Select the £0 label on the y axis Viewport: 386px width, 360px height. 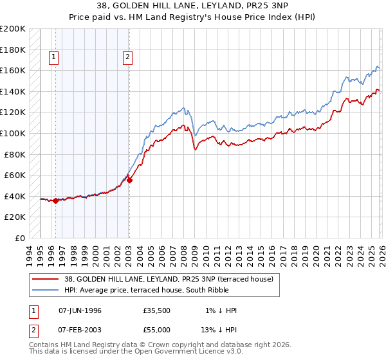(19, 238)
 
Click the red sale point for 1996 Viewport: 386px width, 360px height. (55, 201)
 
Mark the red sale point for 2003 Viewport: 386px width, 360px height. (129, 181)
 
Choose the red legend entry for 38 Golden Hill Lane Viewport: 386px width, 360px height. (169, 279)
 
